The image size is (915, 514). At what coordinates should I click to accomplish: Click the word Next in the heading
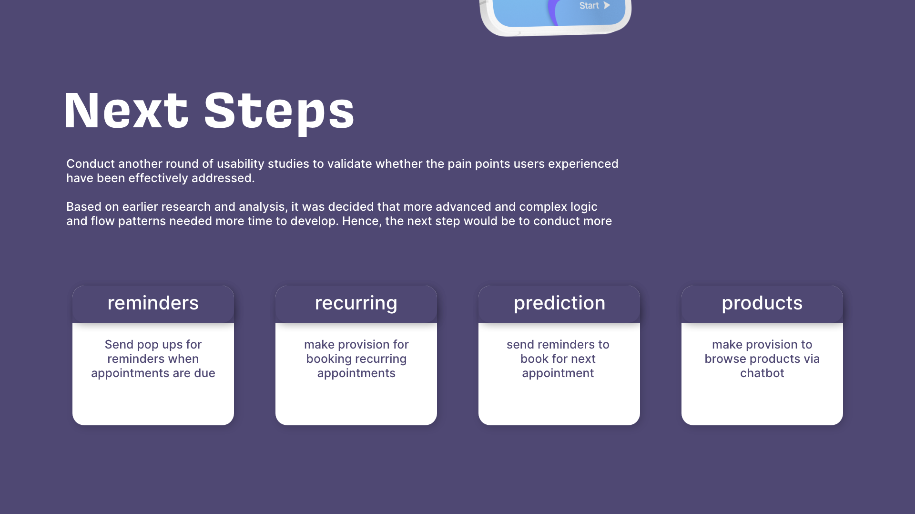coord(126,111)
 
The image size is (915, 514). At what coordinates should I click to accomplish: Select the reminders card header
coord(153,304)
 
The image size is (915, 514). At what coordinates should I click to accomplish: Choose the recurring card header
coord(356,304)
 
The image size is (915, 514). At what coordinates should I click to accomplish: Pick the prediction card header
coord(559,304)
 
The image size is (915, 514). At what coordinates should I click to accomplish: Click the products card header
coord(762,304)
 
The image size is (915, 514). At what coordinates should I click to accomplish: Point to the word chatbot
coord(762,373)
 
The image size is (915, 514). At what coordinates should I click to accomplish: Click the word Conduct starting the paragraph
coord(91,164)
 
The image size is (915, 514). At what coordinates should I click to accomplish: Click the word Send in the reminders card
coord(119,345)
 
